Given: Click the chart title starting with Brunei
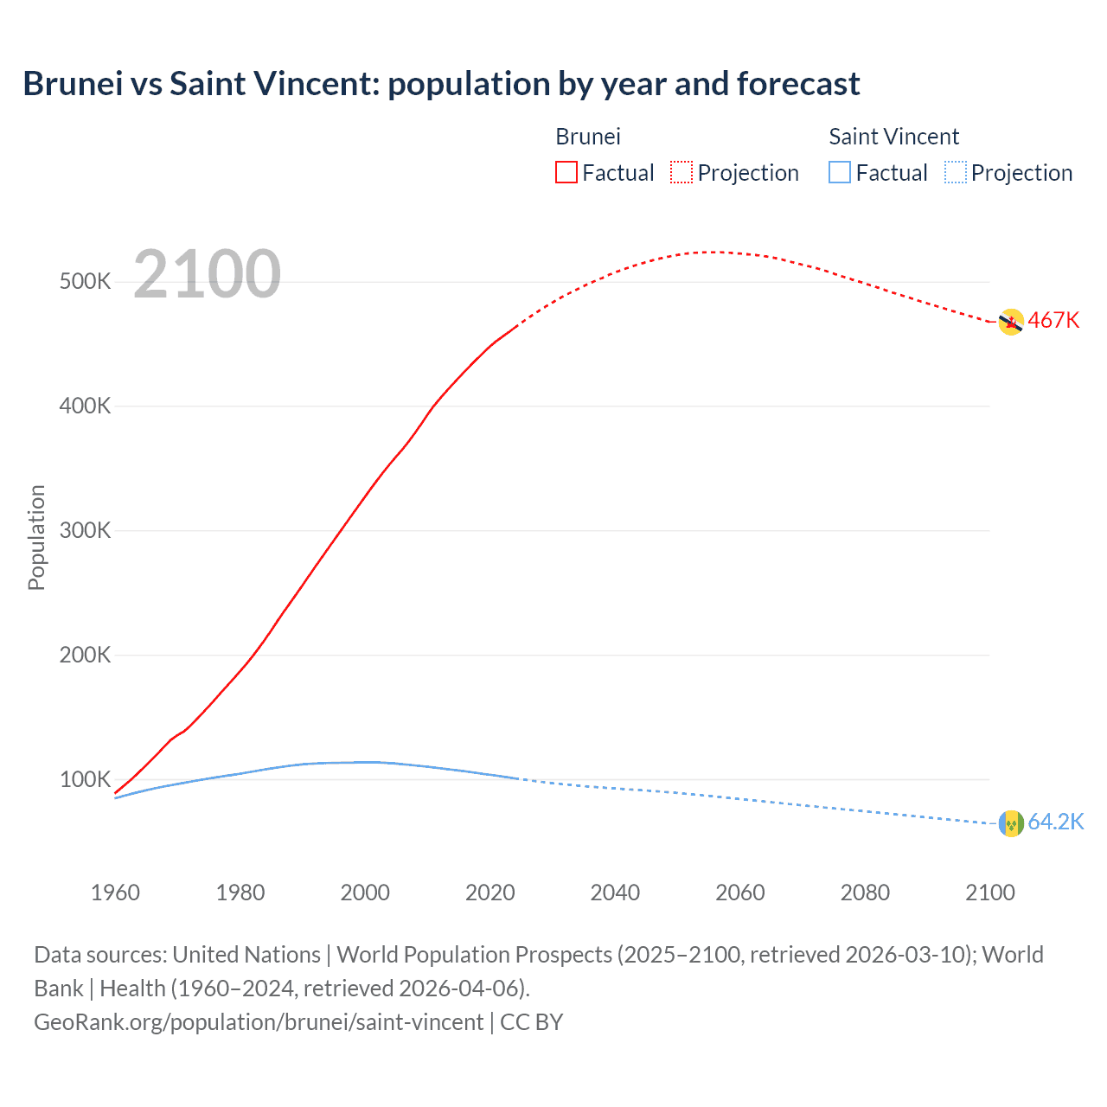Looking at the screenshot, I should [x=441, y=84].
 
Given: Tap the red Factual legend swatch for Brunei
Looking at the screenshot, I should [x=566, y=172].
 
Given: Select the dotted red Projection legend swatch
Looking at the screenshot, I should [x=681, y=172].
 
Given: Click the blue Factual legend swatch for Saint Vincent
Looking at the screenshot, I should [x=839, y=172].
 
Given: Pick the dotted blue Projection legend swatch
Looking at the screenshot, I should [x=955, y=172].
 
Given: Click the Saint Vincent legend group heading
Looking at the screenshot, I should [x=893, y=137].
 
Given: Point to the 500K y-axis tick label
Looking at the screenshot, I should [x=86, y=282].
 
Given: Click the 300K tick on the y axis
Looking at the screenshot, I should [x=86, y=531].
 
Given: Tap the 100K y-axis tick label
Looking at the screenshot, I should [x=86, y=780].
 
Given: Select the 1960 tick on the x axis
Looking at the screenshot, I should [x=115, y=893].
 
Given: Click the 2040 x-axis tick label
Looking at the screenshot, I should [x=615, y=893].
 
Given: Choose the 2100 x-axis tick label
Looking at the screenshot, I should [x=989, y=893].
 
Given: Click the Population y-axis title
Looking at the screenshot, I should [x=36, y=537].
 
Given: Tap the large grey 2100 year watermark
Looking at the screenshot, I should [x=207, y=274].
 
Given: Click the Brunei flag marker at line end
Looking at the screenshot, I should [x=1011, y=322].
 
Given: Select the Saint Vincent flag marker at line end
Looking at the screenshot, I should [x=1011, y=823].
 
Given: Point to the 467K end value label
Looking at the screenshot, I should [x=1053, y=321].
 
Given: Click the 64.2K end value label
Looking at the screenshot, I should [x=1055, y=822].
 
